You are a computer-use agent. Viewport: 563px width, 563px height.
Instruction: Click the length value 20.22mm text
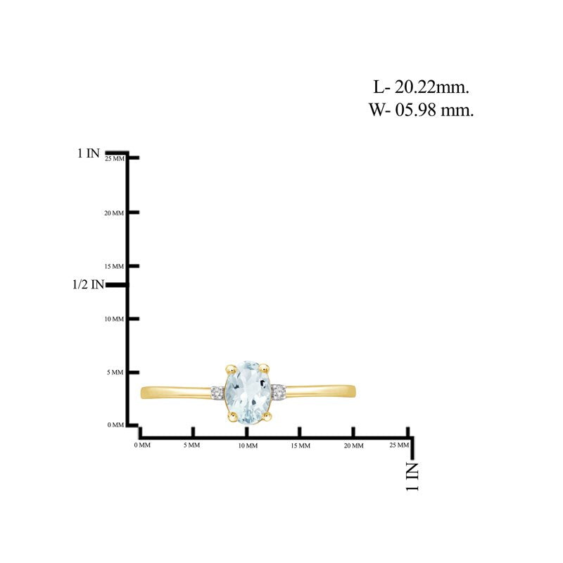click(432, 87)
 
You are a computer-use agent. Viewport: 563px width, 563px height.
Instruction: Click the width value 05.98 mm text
click(434, 110)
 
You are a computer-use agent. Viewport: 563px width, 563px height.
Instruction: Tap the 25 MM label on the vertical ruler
click(115, 158)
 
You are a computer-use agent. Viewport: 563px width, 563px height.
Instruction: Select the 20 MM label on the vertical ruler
click(114, 213)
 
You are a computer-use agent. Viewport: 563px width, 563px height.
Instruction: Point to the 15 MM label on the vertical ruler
click(114, 267)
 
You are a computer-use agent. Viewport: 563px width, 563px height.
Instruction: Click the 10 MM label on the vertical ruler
click(114, 319)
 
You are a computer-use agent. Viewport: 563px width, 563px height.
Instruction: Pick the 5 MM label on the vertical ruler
click(115, 372)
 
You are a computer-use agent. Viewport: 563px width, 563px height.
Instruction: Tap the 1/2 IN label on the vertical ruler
click(88, 285)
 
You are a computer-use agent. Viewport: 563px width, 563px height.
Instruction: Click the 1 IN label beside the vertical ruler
click(89, 153)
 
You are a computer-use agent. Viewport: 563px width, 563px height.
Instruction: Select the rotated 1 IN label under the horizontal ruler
click(412, 476)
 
